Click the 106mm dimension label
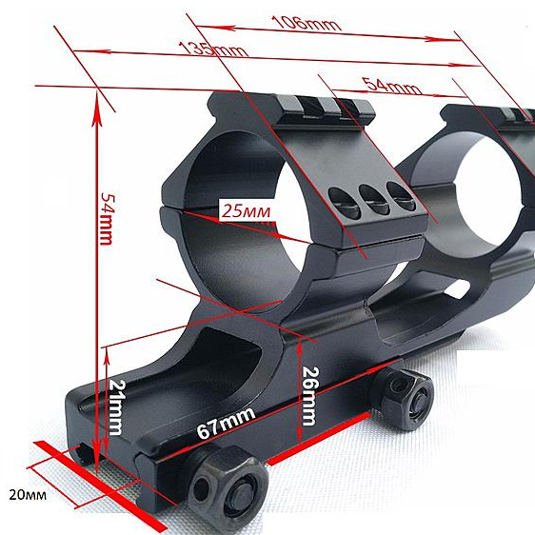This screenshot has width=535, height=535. click(307, 23)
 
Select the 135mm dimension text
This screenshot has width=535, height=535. click(213, 50)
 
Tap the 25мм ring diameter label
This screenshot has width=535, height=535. click(246, 211)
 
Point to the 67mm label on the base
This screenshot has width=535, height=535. click(226, 423)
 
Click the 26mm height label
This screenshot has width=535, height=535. click(310, 396)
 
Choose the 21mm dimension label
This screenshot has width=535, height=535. click(117, 407)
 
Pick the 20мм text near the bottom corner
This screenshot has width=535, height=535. click(28, 495)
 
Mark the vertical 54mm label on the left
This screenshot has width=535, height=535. click(109, 219)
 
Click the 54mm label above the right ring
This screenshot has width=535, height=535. click(391, 86)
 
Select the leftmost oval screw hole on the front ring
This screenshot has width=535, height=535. click(344, 204)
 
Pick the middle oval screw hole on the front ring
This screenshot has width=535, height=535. click(374, 199)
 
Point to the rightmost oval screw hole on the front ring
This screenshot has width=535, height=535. click(402, 196)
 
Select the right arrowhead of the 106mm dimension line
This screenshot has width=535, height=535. click(443, 39)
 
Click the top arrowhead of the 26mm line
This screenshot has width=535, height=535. click(300, 346)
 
